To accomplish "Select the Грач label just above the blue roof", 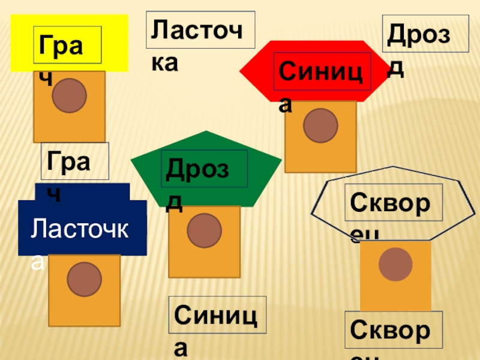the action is coord(74,161).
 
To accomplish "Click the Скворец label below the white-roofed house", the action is coord(396,329).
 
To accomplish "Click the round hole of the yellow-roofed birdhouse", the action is coord(69,95).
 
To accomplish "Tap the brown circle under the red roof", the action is coord(320,125).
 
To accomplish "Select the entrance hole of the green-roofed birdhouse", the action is coord(204,230).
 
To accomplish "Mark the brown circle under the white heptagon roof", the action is coord(395,264).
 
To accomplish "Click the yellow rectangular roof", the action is coord(114,42).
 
